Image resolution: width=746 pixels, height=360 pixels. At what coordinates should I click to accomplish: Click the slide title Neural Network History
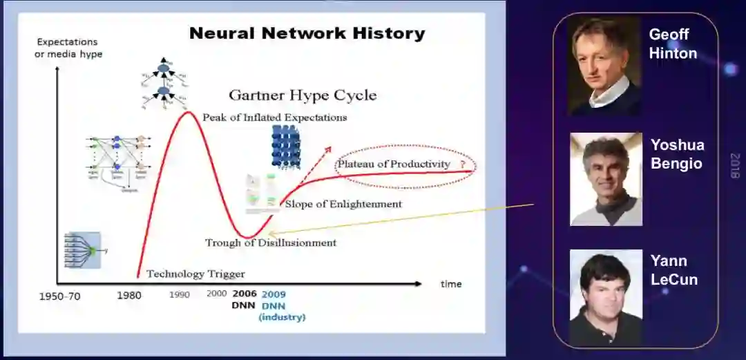pos(307,33)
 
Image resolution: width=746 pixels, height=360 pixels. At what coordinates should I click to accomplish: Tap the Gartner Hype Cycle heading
pos(303,95)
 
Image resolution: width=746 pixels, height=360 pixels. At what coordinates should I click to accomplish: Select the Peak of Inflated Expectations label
pos(275,117)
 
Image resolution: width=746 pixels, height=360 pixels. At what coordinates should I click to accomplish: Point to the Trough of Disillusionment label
pos(271,243)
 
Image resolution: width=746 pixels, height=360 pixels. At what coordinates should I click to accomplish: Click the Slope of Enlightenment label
pos(343,204)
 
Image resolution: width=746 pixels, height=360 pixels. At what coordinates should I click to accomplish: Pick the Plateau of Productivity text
pos(393,164)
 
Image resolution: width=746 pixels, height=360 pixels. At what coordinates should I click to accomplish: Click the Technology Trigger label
pos(195,274)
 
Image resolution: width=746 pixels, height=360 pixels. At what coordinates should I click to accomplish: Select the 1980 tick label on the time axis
pos(128,296)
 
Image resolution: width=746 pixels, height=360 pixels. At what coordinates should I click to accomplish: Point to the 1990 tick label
pos(180,295)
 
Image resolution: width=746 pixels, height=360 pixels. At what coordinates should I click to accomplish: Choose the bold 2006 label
pos(244,294)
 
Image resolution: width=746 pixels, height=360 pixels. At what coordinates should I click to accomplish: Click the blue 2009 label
pos(274,294)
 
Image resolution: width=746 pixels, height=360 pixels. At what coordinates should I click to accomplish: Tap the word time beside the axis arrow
pos(451,284)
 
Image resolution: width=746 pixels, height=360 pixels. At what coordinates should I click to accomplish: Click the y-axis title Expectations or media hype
pos(68,48)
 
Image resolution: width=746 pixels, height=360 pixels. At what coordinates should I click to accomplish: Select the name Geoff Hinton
pos(673,44)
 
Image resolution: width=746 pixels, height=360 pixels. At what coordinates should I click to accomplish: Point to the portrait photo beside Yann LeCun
pos(606,297)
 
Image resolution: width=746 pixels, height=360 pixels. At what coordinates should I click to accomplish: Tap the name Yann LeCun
pos(673,270)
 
